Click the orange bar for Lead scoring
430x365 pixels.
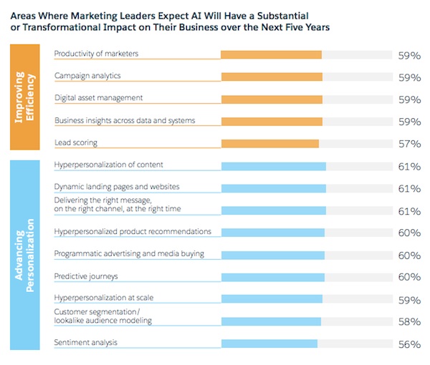pos(269,144)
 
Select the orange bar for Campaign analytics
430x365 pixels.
pos(271,77)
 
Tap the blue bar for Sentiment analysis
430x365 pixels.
pos(269,344)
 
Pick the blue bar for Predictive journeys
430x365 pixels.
pos(272,278)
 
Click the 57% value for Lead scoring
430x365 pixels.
pos(408,144)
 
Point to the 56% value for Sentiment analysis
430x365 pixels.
pos(408,344)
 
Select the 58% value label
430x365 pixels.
pos(408,322)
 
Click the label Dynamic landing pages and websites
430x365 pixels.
pos(116,187)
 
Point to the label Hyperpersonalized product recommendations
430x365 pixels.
pos(133,231)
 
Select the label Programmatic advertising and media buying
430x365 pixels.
pos(129,253)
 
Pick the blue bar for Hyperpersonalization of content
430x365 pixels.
pos(273,167)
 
